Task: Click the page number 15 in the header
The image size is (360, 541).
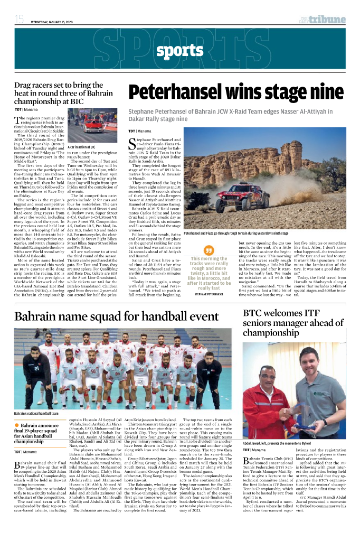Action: point(19,20)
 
